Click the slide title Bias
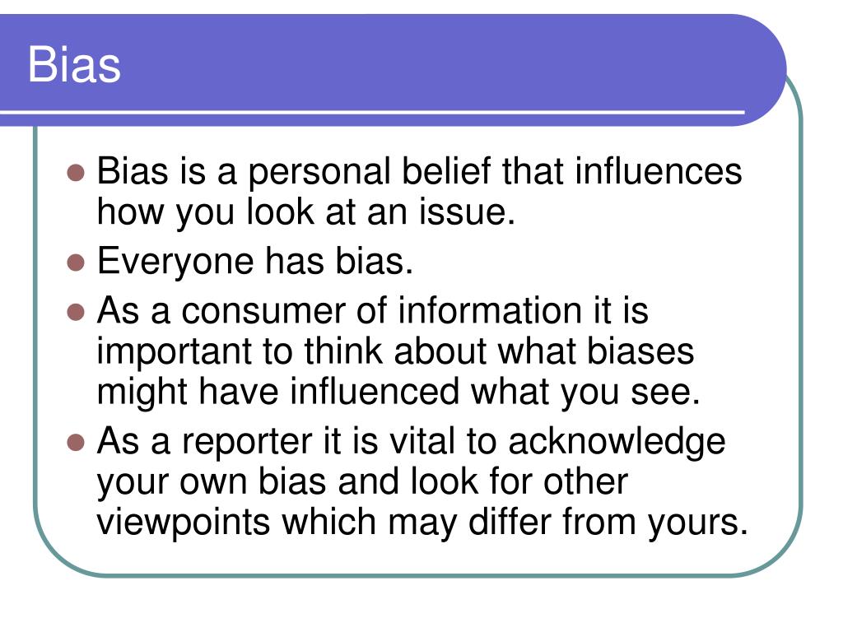tap(74, 65)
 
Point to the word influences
tap(658, 173)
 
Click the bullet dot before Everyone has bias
tap(76, 263)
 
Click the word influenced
tap(375, 393)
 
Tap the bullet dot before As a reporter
tap(76, 442)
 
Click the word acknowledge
tap(617, 443)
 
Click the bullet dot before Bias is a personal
tap(76, 173)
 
